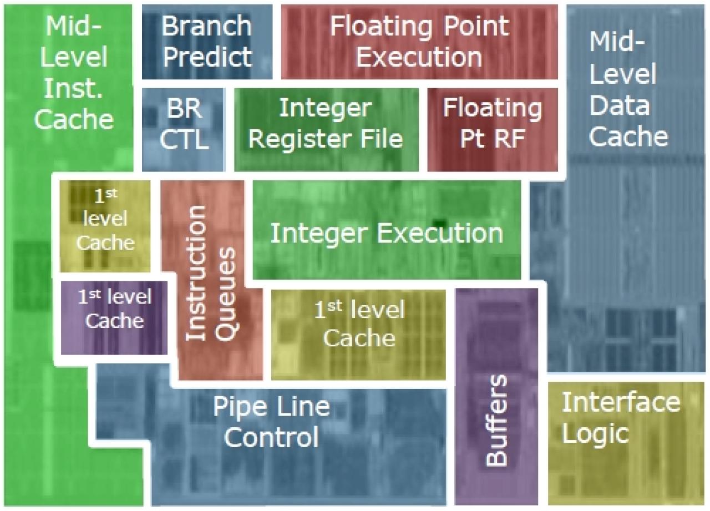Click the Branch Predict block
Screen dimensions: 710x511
coord(207,42)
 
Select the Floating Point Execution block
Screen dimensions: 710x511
coord(419,42)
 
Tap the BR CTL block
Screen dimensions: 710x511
coord(184,130)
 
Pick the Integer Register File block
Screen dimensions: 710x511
coord(327,130)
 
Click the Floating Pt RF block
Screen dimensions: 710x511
coord(493,130)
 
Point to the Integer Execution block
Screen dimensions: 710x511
coord(387,230)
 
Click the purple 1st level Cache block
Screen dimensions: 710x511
coord(114,318)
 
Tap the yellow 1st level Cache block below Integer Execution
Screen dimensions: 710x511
coord(358,335)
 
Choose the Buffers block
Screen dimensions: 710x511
coord(496,396)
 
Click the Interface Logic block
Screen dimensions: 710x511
coord(626,443)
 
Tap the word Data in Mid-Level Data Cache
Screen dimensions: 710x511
coord(620,106)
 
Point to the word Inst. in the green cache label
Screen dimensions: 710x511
coord(74,88)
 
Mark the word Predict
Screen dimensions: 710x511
coord(207,57)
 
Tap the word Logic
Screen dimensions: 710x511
coord(595,435)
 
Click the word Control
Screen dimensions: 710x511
coord(271,437)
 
